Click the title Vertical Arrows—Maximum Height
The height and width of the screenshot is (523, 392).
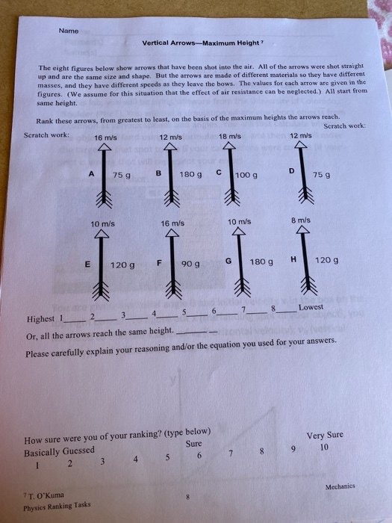pyautogui.click(x=196, y=42)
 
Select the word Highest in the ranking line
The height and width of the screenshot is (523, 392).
pyautogui.click(x=39, y=319)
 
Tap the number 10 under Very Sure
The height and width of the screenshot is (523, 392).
pyautogui.click(x=323, y=448)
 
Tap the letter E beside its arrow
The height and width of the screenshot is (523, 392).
pyautogui.click(x=88, y=263)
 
